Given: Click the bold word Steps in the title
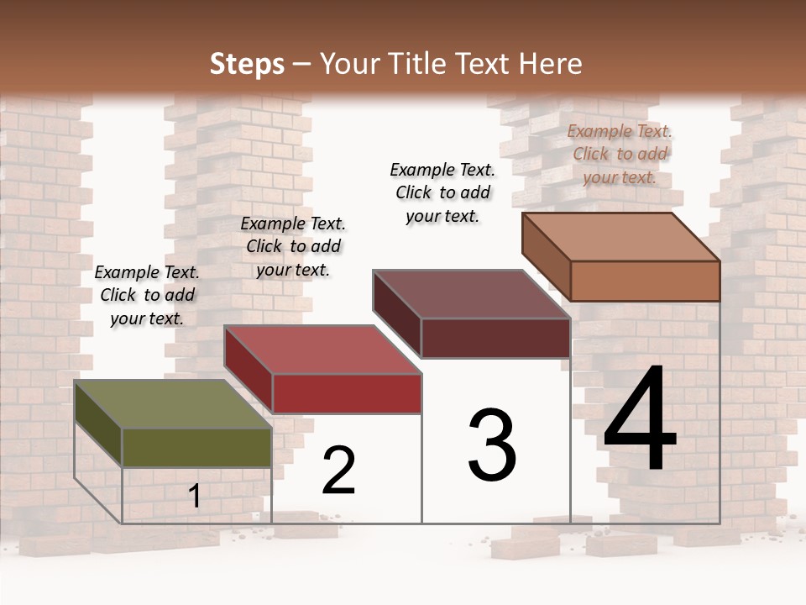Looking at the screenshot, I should [x=247, y=64].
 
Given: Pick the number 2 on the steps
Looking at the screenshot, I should [x=339, y=471].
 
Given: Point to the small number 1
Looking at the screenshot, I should [x=195, y=496].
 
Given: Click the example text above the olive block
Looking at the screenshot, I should [x=148, y=295].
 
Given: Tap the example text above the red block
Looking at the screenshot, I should [x=293, y=246].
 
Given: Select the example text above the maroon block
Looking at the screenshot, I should [x=442, y=192].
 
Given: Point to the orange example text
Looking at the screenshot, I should [x=620, y=154].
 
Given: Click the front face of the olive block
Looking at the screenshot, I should [x=197, y=447].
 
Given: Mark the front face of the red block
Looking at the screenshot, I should [x=347, y=393].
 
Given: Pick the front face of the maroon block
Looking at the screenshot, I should [x=495, y=338].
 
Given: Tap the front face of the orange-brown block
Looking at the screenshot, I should [x=645, y=281].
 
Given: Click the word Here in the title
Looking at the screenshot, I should [x=553, y=64].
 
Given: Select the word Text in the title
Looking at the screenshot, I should [x=488, y=64].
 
